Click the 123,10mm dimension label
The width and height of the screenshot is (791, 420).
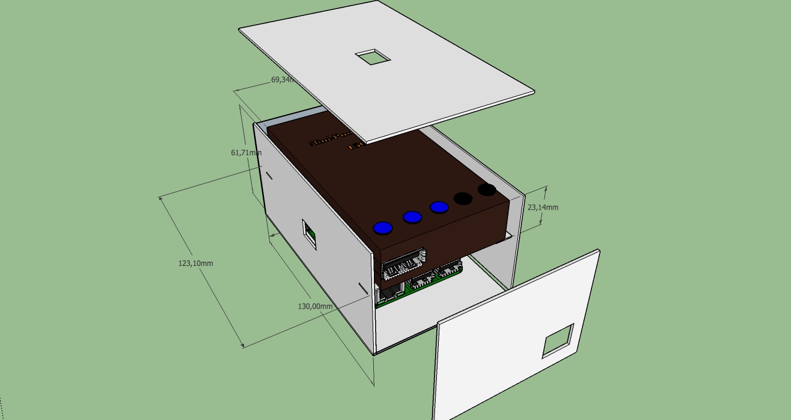point(195,264)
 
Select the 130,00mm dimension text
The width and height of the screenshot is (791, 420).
point(315,306)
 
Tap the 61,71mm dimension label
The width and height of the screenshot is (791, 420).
point(246,153)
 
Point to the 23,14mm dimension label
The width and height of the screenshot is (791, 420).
point(543,207)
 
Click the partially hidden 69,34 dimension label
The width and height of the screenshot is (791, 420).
point(282,80)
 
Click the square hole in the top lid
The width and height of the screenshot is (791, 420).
point(373,58)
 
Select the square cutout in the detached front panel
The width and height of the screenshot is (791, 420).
point(557,341)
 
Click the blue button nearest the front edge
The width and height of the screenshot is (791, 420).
point(383,228)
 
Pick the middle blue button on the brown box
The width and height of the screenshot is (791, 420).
point(412,217)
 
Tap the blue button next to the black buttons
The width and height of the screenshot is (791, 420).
point(439,207)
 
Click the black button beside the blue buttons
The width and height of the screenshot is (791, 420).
point(463,199)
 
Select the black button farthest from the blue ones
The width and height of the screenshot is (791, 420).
point(487,189)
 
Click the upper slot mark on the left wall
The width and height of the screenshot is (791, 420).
point(269,176)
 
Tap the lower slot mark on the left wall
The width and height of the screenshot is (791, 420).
point(363,288)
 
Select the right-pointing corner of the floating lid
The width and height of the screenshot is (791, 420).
point(534,93)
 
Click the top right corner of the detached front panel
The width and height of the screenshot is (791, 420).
point(598,251)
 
